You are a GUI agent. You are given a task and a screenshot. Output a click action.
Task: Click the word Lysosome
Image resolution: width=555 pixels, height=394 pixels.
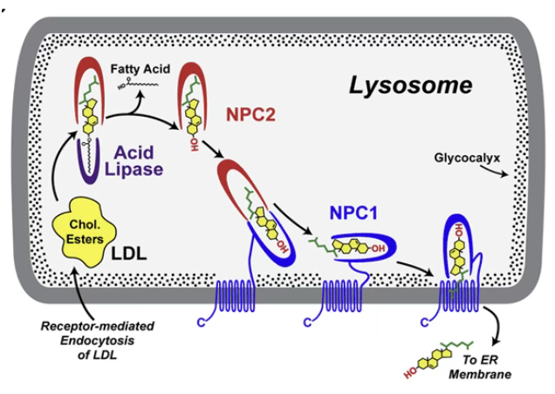point(410,85)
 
